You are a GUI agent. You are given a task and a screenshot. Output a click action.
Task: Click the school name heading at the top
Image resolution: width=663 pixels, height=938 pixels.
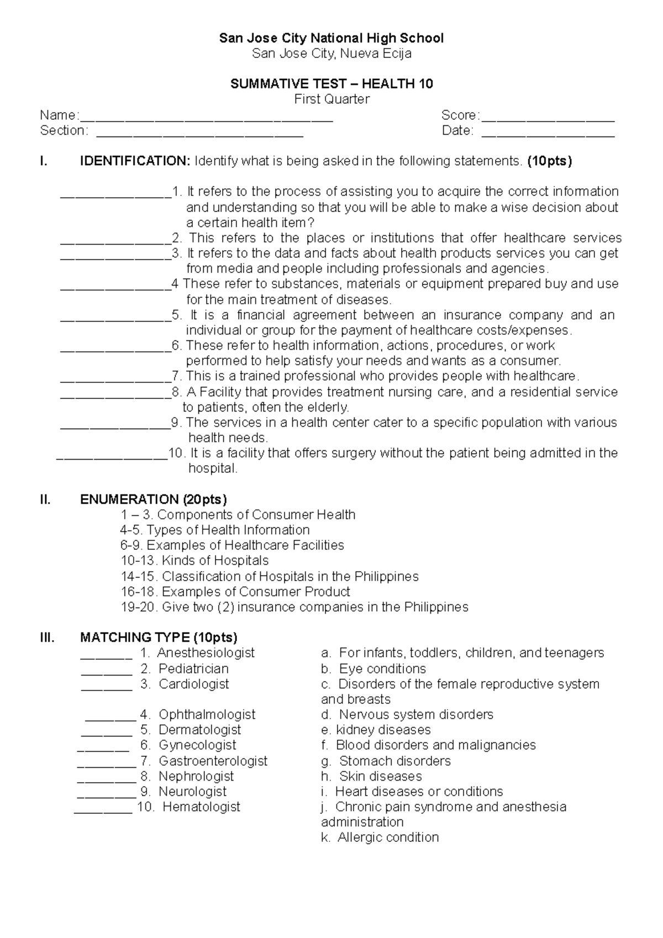pos(331,38)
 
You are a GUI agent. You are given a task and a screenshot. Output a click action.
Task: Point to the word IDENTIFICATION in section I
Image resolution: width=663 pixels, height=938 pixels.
pos(135,161)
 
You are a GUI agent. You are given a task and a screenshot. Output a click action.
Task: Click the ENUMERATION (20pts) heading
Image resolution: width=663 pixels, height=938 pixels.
pos(154,499)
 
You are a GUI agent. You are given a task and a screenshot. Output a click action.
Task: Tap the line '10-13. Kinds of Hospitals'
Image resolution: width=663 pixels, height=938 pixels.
pos(194,561)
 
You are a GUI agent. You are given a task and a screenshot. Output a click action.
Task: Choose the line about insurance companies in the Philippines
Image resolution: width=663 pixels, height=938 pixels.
pos(294,607)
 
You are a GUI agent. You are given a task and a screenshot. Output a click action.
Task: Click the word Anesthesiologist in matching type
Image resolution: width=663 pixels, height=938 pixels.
pos(206,653)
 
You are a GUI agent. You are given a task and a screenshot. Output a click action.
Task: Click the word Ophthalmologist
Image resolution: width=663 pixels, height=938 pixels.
pos(207,715)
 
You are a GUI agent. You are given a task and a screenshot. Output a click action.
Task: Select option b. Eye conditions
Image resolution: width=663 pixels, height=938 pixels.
pos(373,669)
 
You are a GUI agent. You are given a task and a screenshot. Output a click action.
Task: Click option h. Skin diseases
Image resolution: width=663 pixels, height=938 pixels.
pos(371,777)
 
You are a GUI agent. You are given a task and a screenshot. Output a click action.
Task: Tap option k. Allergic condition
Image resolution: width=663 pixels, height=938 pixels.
pos(380,837)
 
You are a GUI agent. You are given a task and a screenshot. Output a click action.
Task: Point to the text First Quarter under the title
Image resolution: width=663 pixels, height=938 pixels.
pos(331,99)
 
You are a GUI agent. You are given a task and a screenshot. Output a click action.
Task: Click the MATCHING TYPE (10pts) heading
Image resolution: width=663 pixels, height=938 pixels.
pos(159,637)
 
